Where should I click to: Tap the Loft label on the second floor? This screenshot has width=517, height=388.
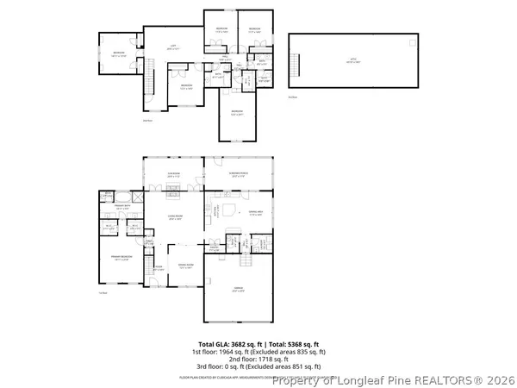[171, 47]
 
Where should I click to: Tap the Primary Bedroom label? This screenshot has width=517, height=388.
[120, 258]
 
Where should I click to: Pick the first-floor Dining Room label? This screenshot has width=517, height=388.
[184, 266]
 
